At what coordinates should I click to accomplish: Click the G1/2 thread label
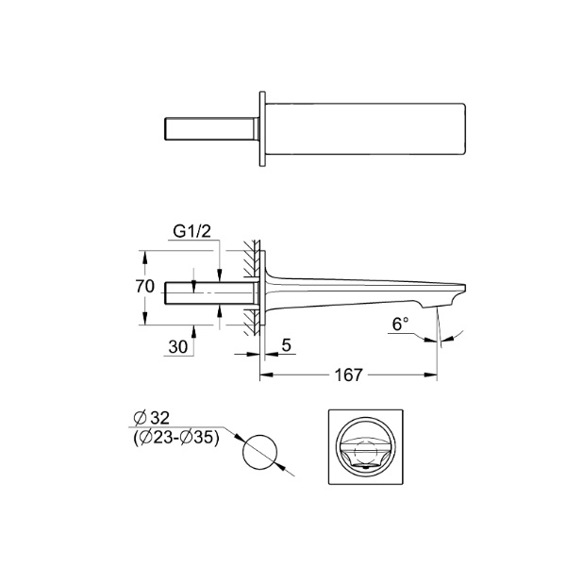coord(191,231)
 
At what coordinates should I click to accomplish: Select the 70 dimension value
coord(144,287)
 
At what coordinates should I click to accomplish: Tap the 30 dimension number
coord(178,347)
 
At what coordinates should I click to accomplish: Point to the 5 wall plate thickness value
coord(286,345)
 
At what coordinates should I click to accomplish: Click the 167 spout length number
coord(348,375)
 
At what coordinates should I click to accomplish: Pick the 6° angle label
coord(401,324)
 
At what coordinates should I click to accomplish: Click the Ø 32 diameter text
coord(151,418)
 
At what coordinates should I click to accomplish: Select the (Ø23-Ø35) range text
coord(176,439)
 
